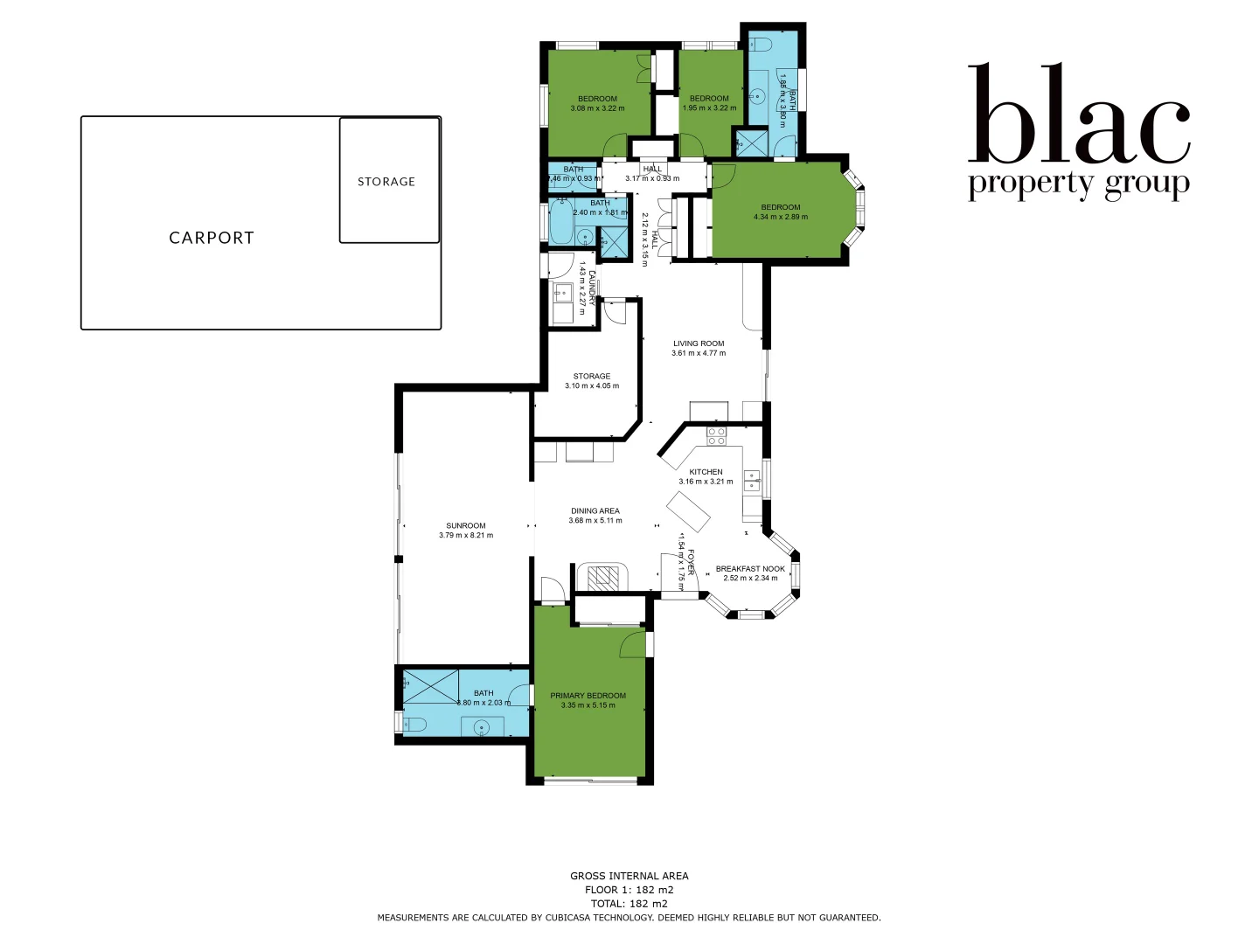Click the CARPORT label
pos(212,238)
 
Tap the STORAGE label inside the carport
pos(386,182)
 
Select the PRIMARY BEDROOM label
pos(588,696)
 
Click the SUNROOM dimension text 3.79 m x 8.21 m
pos(466,536)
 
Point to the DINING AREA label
pos(595,510)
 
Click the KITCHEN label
pos(706,472)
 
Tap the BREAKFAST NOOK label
pos(750,569)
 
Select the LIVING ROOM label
pos(699,344)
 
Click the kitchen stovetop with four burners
pos(717,435)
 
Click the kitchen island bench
pos(689,511)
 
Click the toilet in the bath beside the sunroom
pos(413,724)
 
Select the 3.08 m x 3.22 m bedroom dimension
pos(597,108)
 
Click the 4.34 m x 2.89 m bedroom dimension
pos(781,217)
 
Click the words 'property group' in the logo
pos(1079,184)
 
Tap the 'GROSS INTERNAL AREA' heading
pos(629,876)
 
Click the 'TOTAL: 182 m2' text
pos(629,904)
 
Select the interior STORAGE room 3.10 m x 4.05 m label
pos(592,377)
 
